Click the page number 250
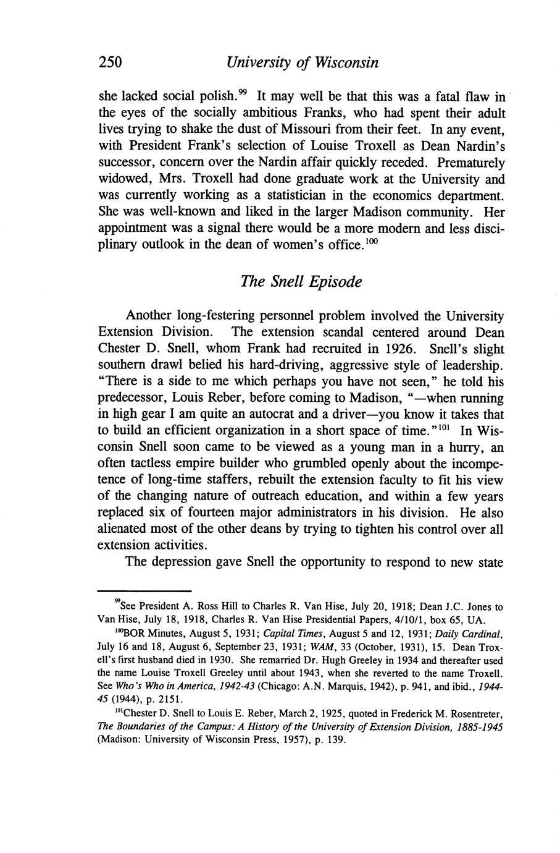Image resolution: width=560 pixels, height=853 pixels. click(111, 62)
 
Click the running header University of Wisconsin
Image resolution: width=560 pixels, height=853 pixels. click(302, 62)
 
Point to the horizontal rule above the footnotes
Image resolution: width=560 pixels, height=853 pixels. click(144, 591)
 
